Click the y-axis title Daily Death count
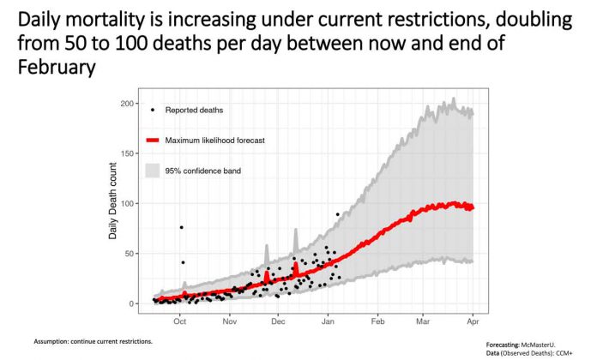[113, 202]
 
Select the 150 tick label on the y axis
[129, 153]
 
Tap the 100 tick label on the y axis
[129, 203]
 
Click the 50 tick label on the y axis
[131, 253]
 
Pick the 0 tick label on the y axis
[134, 303]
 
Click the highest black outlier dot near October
[181, 227]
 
